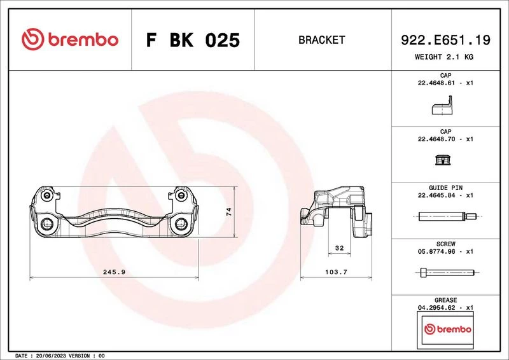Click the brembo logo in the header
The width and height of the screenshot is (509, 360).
(x=70, y=39)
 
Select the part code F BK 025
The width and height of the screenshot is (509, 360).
(x=193, y=40)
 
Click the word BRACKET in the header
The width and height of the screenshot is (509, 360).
(x=322, y=40)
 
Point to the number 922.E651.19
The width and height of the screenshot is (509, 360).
(x=445, y=40)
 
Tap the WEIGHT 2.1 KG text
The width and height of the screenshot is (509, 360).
(x=444, y=57)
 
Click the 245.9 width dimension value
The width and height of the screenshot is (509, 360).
(x=114, y=272)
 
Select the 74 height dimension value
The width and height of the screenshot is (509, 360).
(x=229, y=212)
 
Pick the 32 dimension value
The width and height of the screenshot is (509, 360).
(x=339, y=248)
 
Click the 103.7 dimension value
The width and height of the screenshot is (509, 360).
(x=336, y=272)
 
